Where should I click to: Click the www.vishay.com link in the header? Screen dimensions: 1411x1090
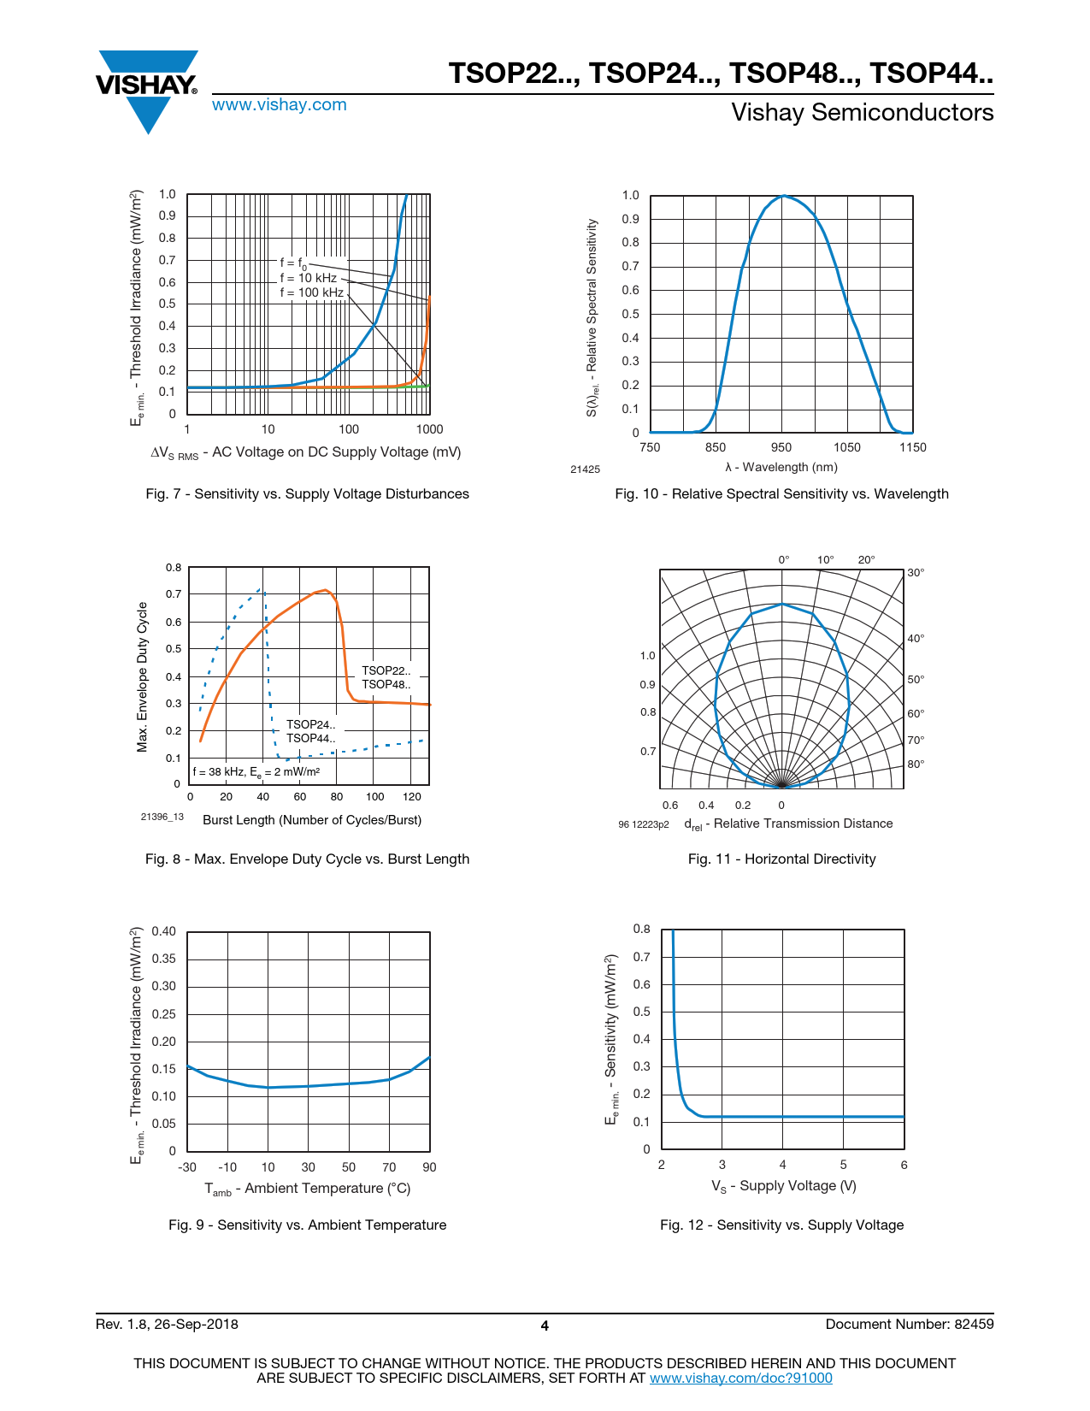[x=280, y=105]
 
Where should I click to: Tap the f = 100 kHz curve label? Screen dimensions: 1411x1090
[x=311, y=292]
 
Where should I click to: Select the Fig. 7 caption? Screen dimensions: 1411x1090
[x=307, y=493]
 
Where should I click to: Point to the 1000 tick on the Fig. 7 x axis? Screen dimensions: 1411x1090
[x=429, y=429]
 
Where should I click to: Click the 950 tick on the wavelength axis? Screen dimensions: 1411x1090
[x=781, y=447]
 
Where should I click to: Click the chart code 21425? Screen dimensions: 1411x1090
[x=586, y=469]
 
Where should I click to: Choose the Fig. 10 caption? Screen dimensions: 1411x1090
[x=781, y=493]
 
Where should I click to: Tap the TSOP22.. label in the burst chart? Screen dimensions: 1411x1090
[x=386, y=670]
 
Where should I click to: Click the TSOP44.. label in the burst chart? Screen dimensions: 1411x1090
[x=310, y=738]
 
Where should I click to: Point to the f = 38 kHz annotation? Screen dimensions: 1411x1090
[x=256, y=772]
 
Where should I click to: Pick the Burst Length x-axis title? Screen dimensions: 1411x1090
[x=312, y=820]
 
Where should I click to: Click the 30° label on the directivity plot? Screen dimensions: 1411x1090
[x=916, y=573]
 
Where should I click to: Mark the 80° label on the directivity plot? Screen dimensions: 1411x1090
[x=916, y=765]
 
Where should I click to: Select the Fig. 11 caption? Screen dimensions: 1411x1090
[x=781, y=859]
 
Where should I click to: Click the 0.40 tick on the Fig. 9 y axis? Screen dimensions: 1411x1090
[x=164, y=931]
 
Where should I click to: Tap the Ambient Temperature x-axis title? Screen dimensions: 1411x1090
[x=308, y=1189]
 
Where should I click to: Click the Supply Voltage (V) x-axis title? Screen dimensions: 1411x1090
[x=784, y=1186]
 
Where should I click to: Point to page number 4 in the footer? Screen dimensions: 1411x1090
[x=545, y=1325]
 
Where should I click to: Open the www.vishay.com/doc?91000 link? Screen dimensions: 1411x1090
[x=740, y=1378]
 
